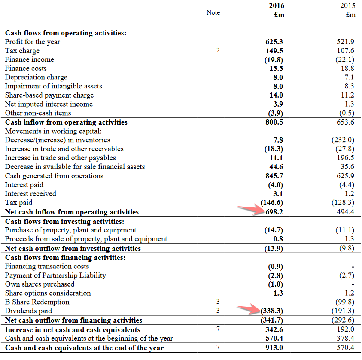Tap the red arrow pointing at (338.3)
249,308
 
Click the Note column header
213,12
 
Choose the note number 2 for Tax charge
218,51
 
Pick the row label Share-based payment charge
49,95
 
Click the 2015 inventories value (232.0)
343,140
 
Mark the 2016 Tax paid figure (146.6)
273,203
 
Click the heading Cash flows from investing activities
64,222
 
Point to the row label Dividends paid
28,311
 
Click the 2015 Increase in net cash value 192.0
346,329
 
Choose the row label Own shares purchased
40,284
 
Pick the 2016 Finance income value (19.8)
274,60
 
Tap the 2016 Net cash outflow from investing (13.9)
274,249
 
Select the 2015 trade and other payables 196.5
346,158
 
